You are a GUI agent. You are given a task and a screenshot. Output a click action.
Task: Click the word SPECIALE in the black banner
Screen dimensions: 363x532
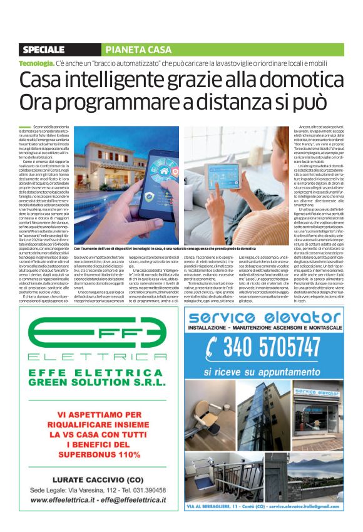pyautogui.click(x=43, y=50)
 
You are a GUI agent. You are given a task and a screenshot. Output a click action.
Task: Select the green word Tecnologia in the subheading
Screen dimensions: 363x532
pyautogui.click(x=36, y=64)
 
